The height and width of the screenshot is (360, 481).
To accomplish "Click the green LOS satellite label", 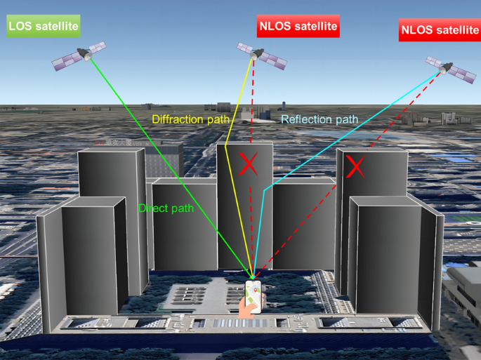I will (x=43, y=27).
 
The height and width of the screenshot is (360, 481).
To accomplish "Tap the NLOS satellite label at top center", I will (x=298, y=27).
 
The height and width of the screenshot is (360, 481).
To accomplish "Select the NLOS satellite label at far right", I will (x=439, y=29).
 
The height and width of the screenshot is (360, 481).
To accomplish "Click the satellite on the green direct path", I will (x=81, y=55).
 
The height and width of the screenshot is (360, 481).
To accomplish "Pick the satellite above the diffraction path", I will (x=261, y=55).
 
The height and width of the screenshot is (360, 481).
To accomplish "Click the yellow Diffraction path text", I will (x=190, y=119).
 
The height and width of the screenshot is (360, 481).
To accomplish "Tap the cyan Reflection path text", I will (x=319, y=119).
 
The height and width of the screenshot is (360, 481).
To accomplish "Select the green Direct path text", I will (x=166, y=208).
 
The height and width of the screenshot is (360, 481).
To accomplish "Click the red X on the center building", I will (x=247, y=164).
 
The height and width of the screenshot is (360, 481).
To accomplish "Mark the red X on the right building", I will (x=355, y=166).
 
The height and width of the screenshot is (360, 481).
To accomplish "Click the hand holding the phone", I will (x=247, y=307).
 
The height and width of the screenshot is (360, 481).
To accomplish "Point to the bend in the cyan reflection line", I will (x=263, y=190).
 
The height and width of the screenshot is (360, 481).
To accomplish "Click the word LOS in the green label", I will (x=20, y=27).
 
